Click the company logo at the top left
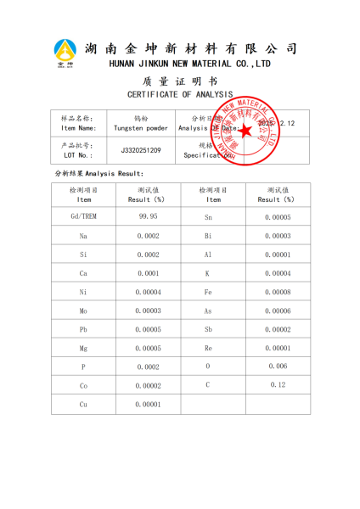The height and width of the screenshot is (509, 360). coord(65,53)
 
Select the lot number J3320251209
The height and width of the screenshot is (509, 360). coord(140,150)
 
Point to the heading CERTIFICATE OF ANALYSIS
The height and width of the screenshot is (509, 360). coord(180,94)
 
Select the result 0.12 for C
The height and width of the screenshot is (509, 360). coord(278,385)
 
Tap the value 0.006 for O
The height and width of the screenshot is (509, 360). coord(278,366)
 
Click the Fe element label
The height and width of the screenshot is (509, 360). coord(208,292)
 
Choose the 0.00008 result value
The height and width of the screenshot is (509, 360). coord(278,292)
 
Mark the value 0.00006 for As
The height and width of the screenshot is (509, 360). coord(278,310)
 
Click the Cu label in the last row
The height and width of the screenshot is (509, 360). coord(83,405)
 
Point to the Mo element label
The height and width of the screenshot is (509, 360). coord(83,310)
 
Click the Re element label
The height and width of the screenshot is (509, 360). coord(208,348)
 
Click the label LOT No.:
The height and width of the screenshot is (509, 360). coord(79,155)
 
